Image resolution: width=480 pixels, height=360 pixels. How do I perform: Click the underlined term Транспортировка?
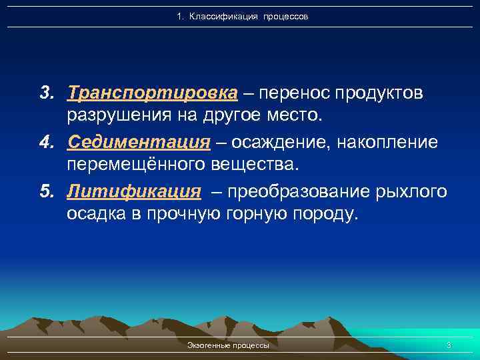click(x=152, y=92)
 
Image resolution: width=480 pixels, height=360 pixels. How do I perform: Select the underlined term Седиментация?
click(x=139, y=141)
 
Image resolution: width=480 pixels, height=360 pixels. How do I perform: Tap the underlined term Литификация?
click(x=133, y=192)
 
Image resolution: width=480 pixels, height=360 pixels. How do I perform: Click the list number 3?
click(x=45, y=92)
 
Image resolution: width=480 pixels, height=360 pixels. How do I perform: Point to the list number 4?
click(x=45, y=141)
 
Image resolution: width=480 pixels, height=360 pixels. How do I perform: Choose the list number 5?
click(x=45, y=192)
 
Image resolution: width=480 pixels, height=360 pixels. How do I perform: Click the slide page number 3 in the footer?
click(x=449, y=345)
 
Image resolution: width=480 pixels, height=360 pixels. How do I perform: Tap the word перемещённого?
click(x=138, y=166)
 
